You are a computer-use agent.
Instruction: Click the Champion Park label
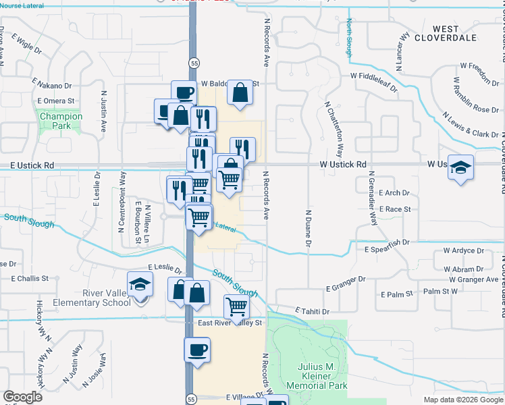tap(61, 121)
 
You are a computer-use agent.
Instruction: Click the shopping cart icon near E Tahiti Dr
tap(237, 306)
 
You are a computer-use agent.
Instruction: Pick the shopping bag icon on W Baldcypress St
tap(240, 93)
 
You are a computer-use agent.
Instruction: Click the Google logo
tap(22, 397)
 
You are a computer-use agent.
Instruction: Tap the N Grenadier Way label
tap(371, 200)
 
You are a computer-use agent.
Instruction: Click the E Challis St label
tap(30, 278)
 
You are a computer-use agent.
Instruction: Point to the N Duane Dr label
tap(308, 225)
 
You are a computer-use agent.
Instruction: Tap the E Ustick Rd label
tap(32, 165)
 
